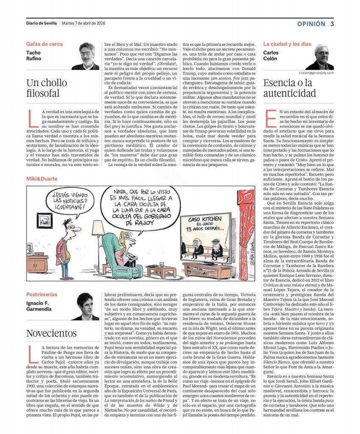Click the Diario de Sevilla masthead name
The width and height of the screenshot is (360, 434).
[41, 23]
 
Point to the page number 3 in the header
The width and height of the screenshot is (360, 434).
[332, 24]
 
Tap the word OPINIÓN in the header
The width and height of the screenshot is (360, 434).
[311, 24]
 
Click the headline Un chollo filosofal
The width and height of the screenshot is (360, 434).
[43, 88]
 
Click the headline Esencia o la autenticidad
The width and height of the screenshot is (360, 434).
[290, 88]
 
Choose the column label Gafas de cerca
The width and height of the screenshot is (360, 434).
[44, 44]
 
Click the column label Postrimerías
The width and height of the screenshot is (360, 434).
[42, 295]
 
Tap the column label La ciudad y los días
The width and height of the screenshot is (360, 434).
[287, 44]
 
